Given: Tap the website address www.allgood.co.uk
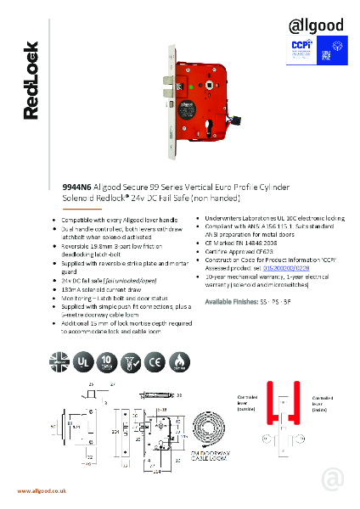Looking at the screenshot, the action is (43, 491).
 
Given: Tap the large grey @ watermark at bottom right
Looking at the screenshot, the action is (332, 480).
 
